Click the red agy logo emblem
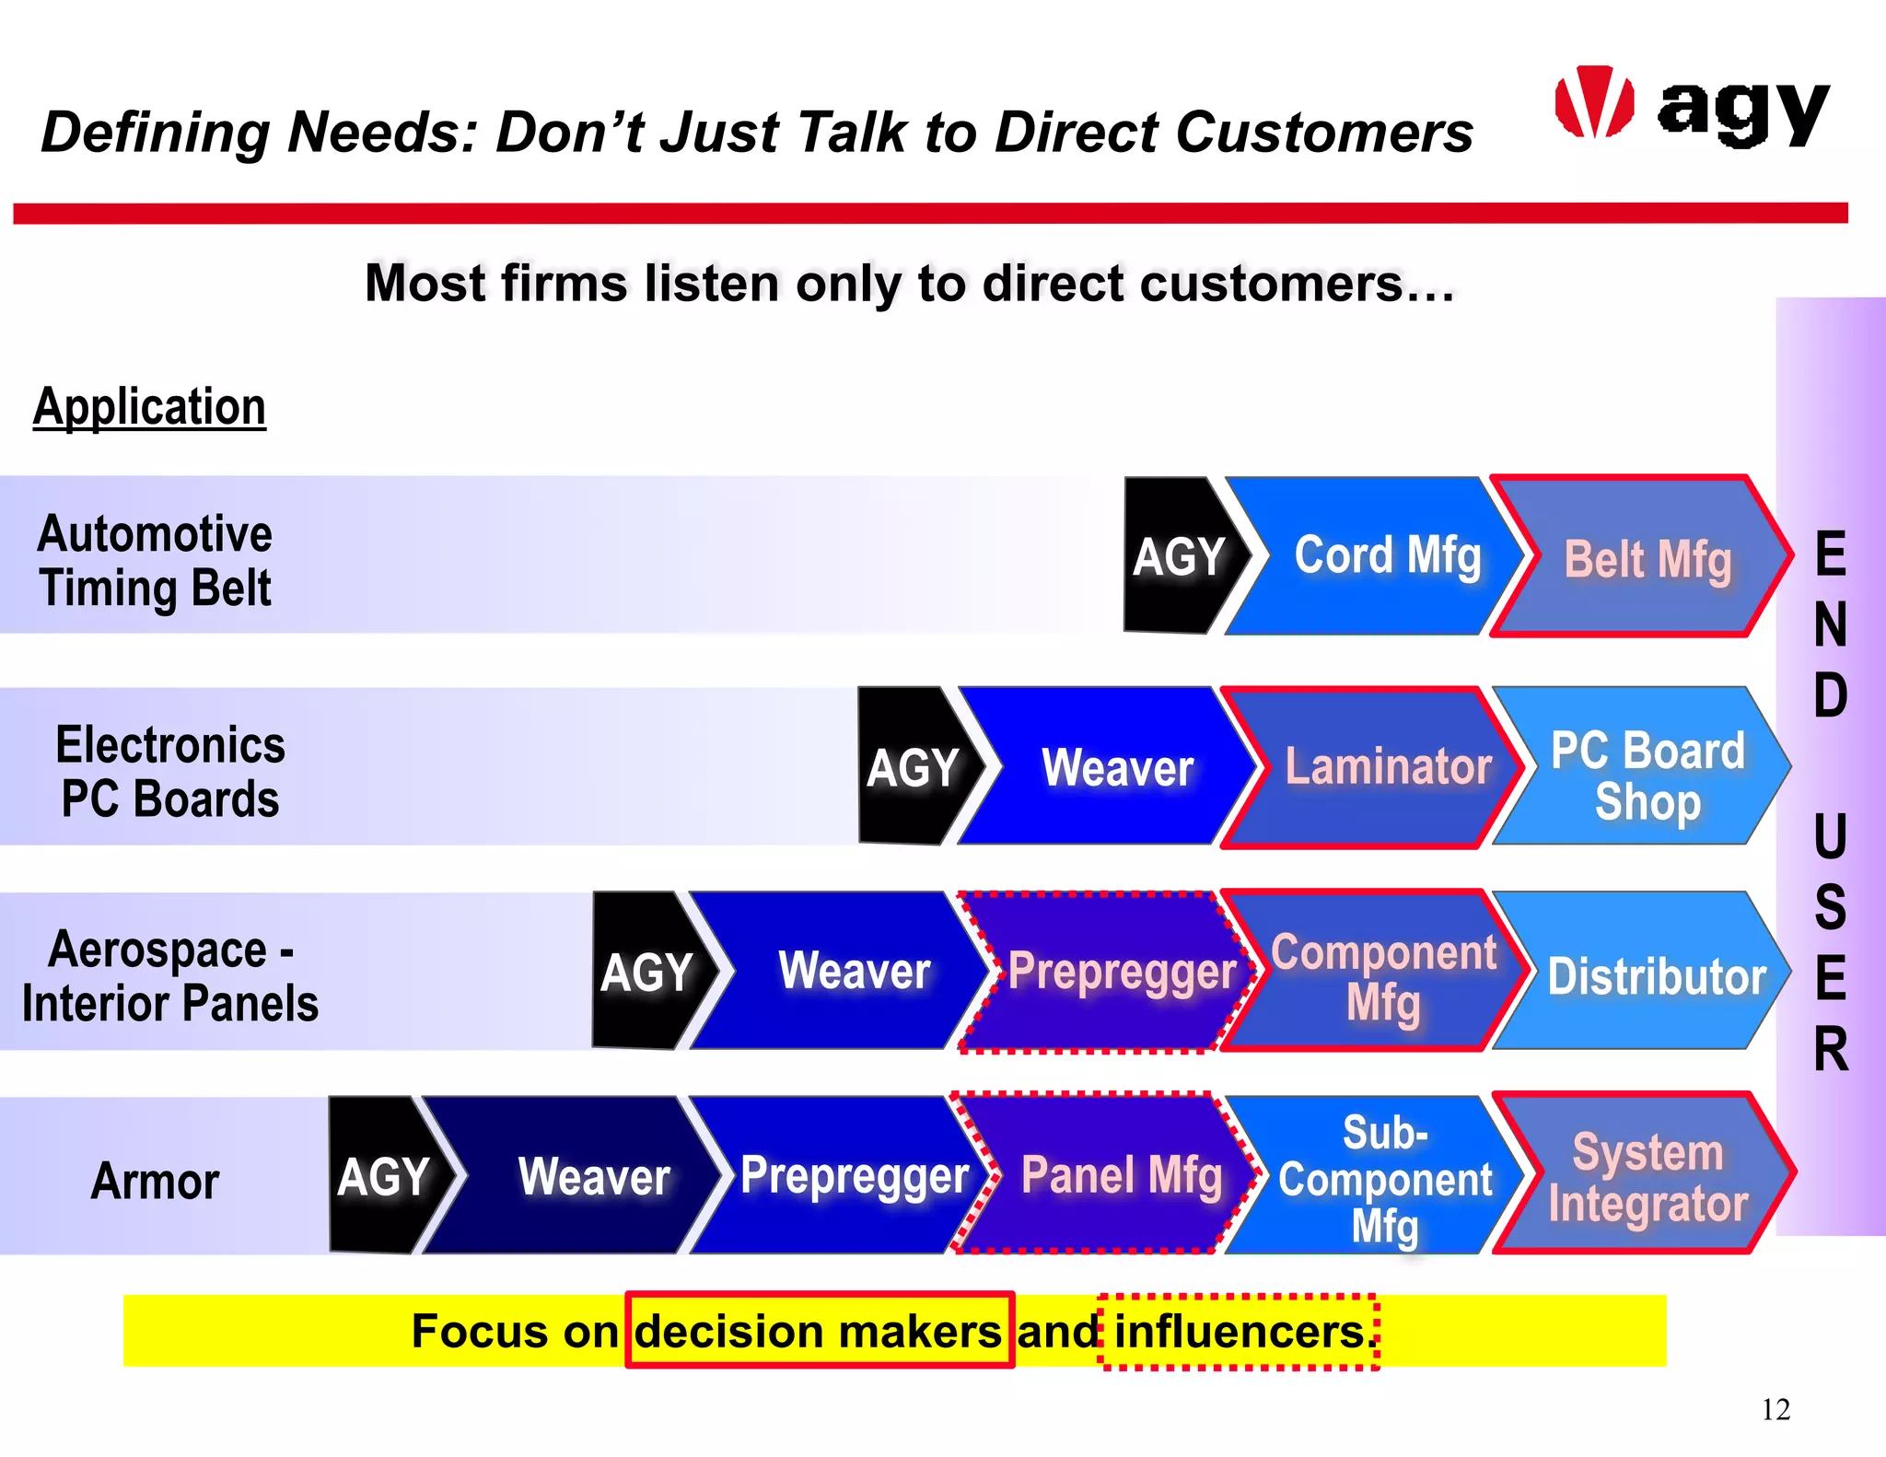pos(1594,102)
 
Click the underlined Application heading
pos(149,406)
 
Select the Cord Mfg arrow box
pos(1372,555)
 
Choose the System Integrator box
pos(1644,1177)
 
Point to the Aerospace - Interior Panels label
pos(169,975)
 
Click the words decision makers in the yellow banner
pos(818,1331)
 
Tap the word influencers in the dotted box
pos(1239,1332)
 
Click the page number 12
pos(1775,1409)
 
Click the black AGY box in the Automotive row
pos(1179,555)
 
